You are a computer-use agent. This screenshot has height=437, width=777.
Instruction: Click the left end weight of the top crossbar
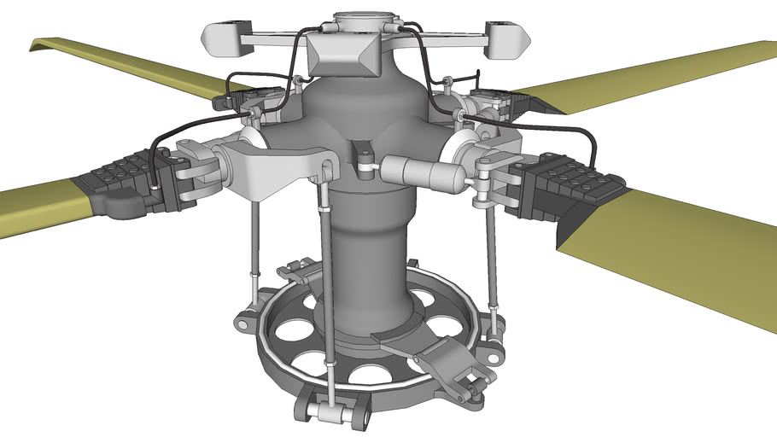pos(220,36)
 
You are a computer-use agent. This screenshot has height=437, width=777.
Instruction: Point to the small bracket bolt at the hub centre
pos(365,155)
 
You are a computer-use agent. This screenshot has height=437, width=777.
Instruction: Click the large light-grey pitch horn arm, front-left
pos(273,166)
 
